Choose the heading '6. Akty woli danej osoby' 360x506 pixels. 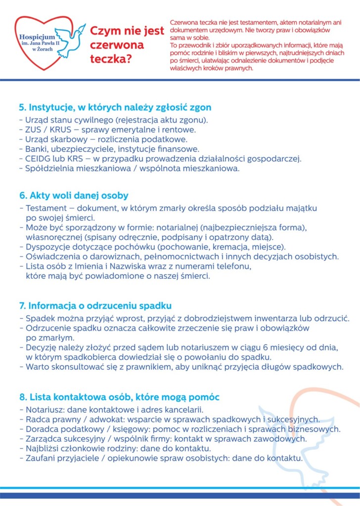click(x=73, y=196)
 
